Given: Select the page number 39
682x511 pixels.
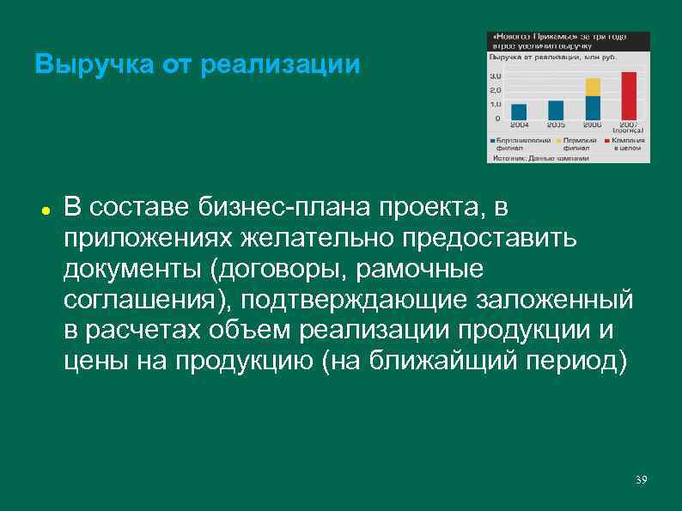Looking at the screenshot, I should pyautogui.click(x=640, y=478).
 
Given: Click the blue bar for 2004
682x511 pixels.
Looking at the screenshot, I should pyautogui.click(x=519, y=112).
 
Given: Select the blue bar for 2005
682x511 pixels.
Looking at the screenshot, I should pyautogui.click(x=556, y=110).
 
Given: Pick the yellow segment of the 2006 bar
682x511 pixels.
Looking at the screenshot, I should pyautogui.click(x=593, y=87).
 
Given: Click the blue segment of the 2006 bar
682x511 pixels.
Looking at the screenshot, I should pyautogui.click(x=593, y=107).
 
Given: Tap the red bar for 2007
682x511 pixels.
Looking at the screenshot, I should pyautogui.click(x=629, y=95).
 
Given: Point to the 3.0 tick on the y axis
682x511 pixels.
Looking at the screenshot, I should pyautogui.click(x=496, y=77).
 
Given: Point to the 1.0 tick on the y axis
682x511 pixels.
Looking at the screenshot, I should pyautogui.click(x=496, y=104).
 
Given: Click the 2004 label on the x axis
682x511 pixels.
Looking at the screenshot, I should pyautogui.click(x=519, y=125).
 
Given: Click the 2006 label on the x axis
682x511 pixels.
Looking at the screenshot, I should pyautogui.click(x=593, y=125).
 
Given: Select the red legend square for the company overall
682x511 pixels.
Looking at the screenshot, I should pyautogui.click(x=606, y=139).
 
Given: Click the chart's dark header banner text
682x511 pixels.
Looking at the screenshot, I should pyautogui.click(x=558, y=41).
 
